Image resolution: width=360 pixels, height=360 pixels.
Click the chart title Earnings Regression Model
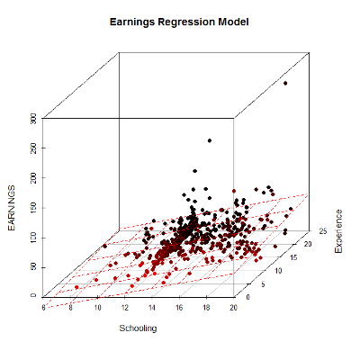click(x=179, y=19)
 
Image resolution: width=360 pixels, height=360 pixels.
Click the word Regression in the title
click(x=184, y=19)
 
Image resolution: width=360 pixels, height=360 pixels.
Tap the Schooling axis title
click(x=138, y=328)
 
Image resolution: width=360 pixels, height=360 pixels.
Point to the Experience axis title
click(x=339, y=230)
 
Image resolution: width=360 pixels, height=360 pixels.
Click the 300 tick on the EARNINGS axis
click(x=32, y=118)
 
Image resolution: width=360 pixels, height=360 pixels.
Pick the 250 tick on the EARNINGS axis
click(x=32, y=148)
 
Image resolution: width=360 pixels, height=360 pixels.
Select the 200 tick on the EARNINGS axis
click(x=32, y=177)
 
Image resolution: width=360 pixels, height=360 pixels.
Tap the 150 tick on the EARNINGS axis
click(x=32, y=207)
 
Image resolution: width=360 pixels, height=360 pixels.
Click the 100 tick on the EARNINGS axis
click(x=32, y=237)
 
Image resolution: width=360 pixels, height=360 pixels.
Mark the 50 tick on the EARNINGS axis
click(x=34, y=266)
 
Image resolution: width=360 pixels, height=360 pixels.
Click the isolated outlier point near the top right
click(x=285, y=83)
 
